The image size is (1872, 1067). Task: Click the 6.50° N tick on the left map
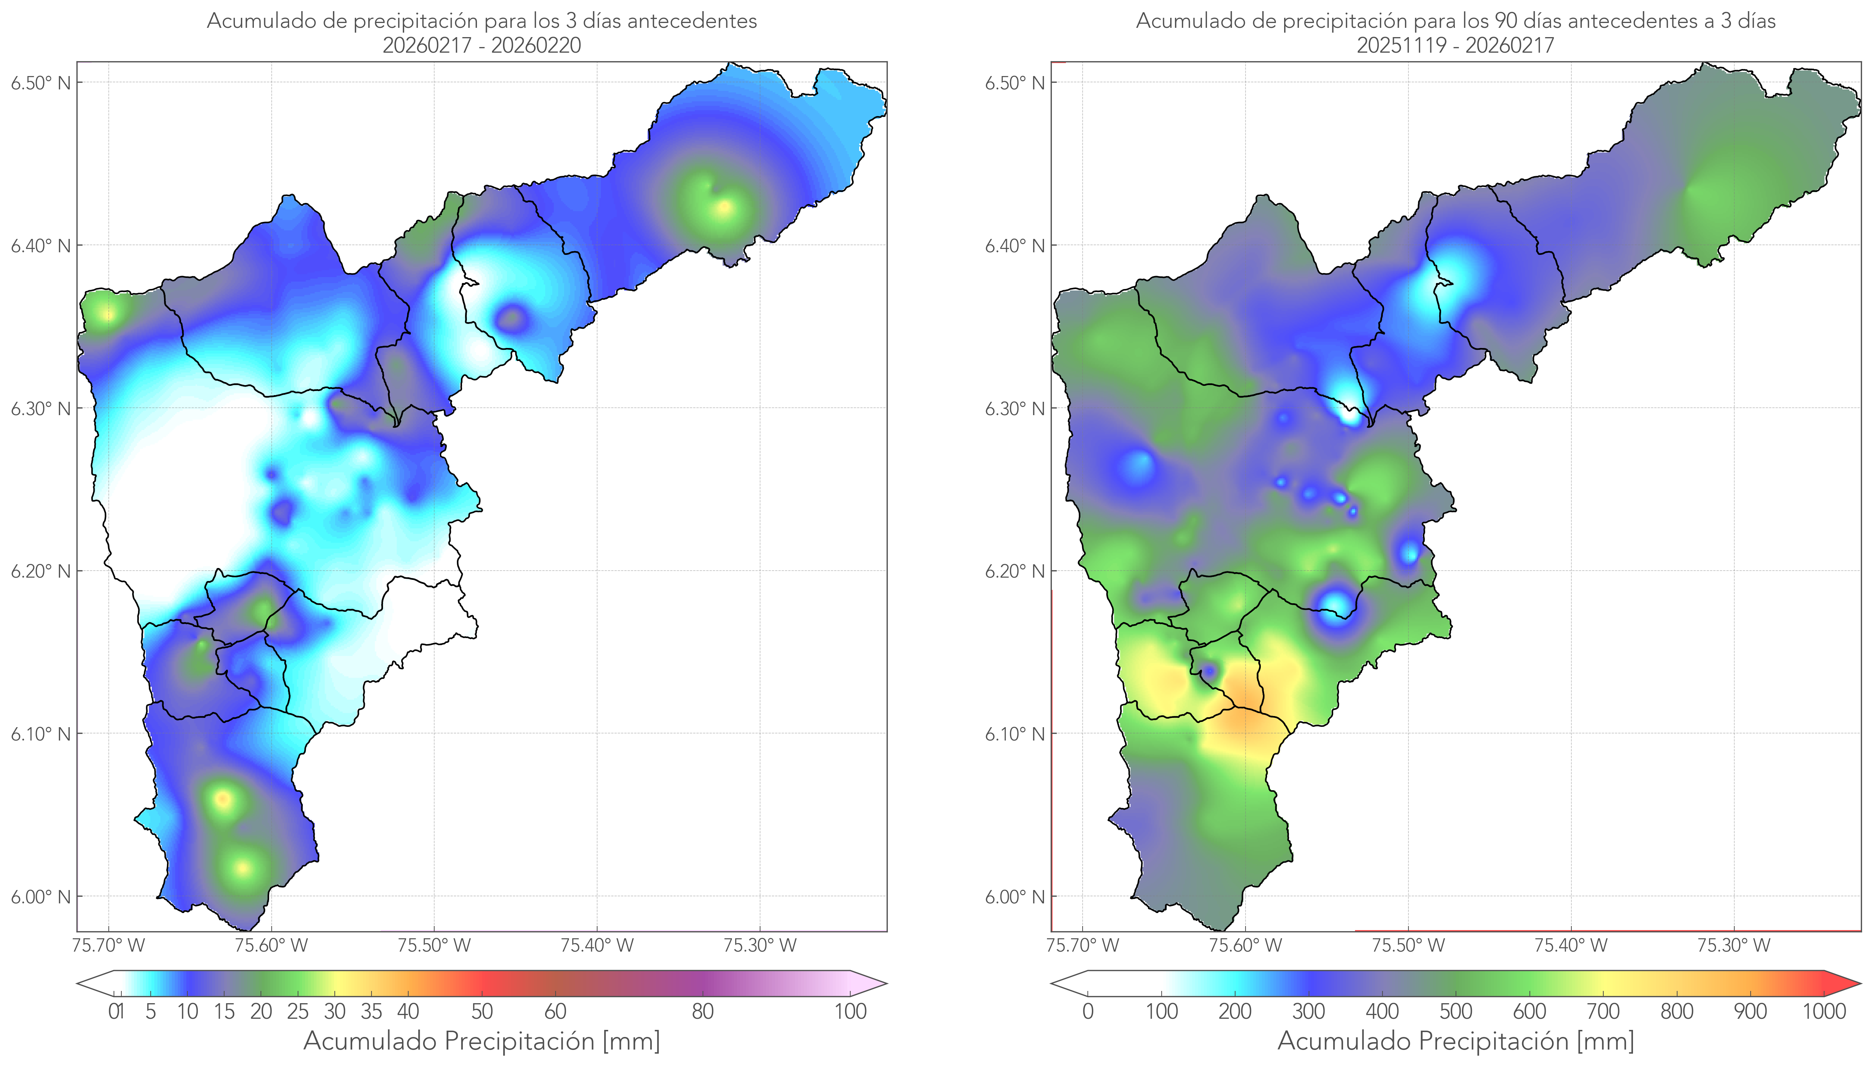[x=41, y=82]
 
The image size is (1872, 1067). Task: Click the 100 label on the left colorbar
[x=850, y=1011]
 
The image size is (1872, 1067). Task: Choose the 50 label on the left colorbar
[x=482, y=1011]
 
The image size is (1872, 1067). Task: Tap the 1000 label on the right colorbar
[x=1824, y=1011]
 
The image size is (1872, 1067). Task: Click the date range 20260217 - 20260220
[x=482, y=45]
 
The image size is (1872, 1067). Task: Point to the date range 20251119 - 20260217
[x=1455, y=45]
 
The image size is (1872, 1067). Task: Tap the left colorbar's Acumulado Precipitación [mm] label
[x=482, y=1041]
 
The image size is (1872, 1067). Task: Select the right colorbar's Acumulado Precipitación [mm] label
[x=1455, y=1041]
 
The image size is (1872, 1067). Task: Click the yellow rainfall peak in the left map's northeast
[x=724, y=207]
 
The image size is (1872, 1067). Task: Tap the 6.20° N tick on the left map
[x=41, y=571]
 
